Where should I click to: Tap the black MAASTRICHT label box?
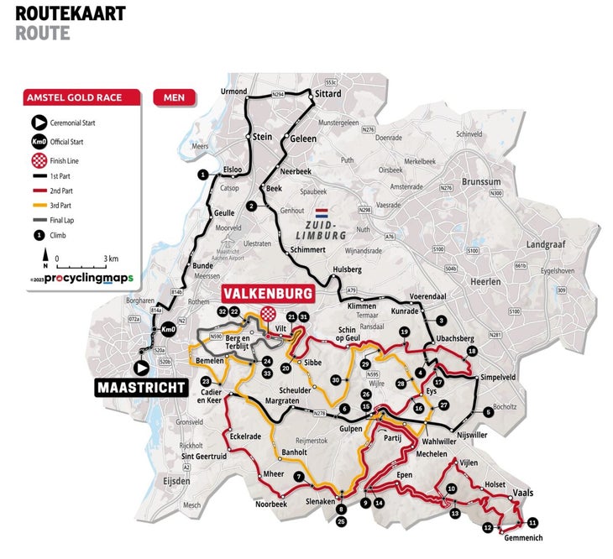coord(140,388)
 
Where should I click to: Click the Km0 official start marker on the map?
coord(168,329)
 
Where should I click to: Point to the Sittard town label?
coord(328,95)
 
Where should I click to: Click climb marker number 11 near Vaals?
coord(532,522)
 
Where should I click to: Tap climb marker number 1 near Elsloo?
coord(202,175)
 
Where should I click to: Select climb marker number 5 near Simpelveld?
coord(488,411)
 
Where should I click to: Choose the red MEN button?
coord(175,97)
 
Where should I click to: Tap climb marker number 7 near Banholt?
coord(298,476)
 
